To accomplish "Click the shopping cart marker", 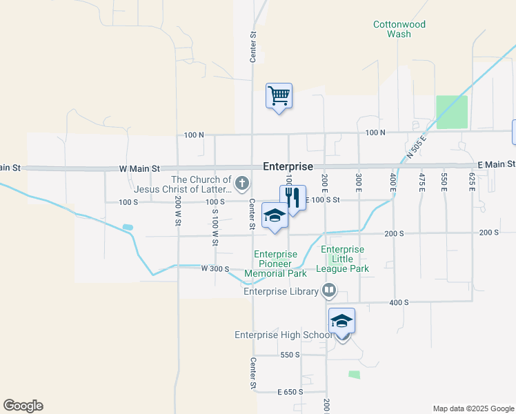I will click(x=279, y=96).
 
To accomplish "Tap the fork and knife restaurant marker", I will click(x=292, y=198).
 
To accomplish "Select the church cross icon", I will click(x=241, y=184).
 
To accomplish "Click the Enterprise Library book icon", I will click(x=329, y=291).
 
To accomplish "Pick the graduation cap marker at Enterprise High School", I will click(x=341, y=322).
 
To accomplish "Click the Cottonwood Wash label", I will click(x=399, y=29).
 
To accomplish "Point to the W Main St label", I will click(x=139, y=168).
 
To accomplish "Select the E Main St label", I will click(x=496, y=164).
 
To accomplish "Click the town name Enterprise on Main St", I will click(x=288, y=167).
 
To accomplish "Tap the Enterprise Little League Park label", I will click(x=343, y=259).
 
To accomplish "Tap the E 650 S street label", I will click(x=290, y=392).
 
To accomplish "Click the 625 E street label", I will click(x=473, y=182).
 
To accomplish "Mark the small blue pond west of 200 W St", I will click(x=127, y=227).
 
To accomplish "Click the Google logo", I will click(x=23, y=406).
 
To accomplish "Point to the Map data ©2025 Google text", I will click(x=473, y=408).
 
